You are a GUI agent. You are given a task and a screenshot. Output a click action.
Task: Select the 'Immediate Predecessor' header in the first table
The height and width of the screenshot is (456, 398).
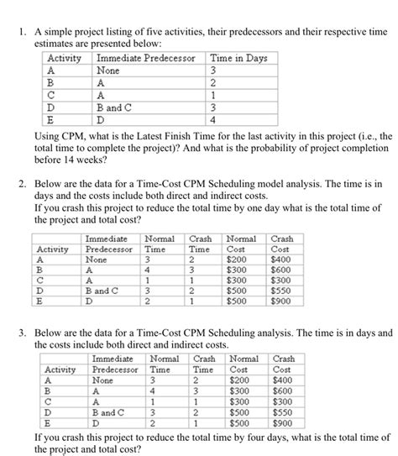[x=145, y=58]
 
